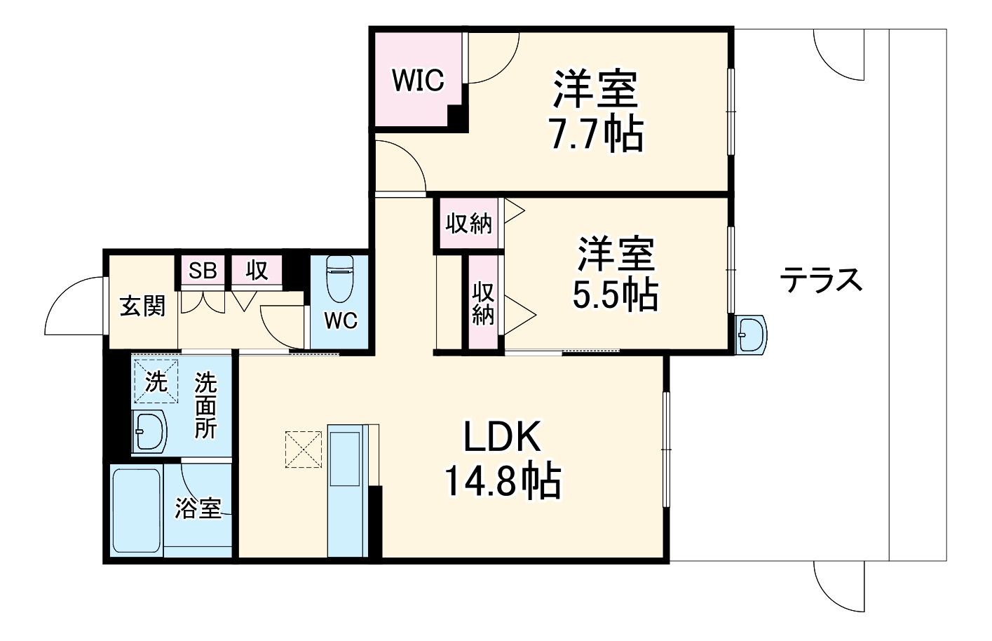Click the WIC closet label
(x=418, y=80)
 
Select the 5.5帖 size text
(x=615, y=295)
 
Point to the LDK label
(x=502, y=438)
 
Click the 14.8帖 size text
(x=502, y=481)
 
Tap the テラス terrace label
(x=820, y=280)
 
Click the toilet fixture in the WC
(x=341, y=278)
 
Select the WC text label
(x=341, y=320)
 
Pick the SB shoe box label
(x=203, y=270)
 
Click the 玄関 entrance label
(x=142, y=306)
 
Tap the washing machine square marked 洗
(x=156, y=382)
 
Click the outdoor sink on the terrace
(x=751, y=334)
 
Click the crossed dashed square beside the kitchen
(x=304, y=450)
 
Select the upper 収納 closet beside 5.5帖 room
(x=468, y=224)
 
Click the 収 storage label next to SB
(x=257, y=270)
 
